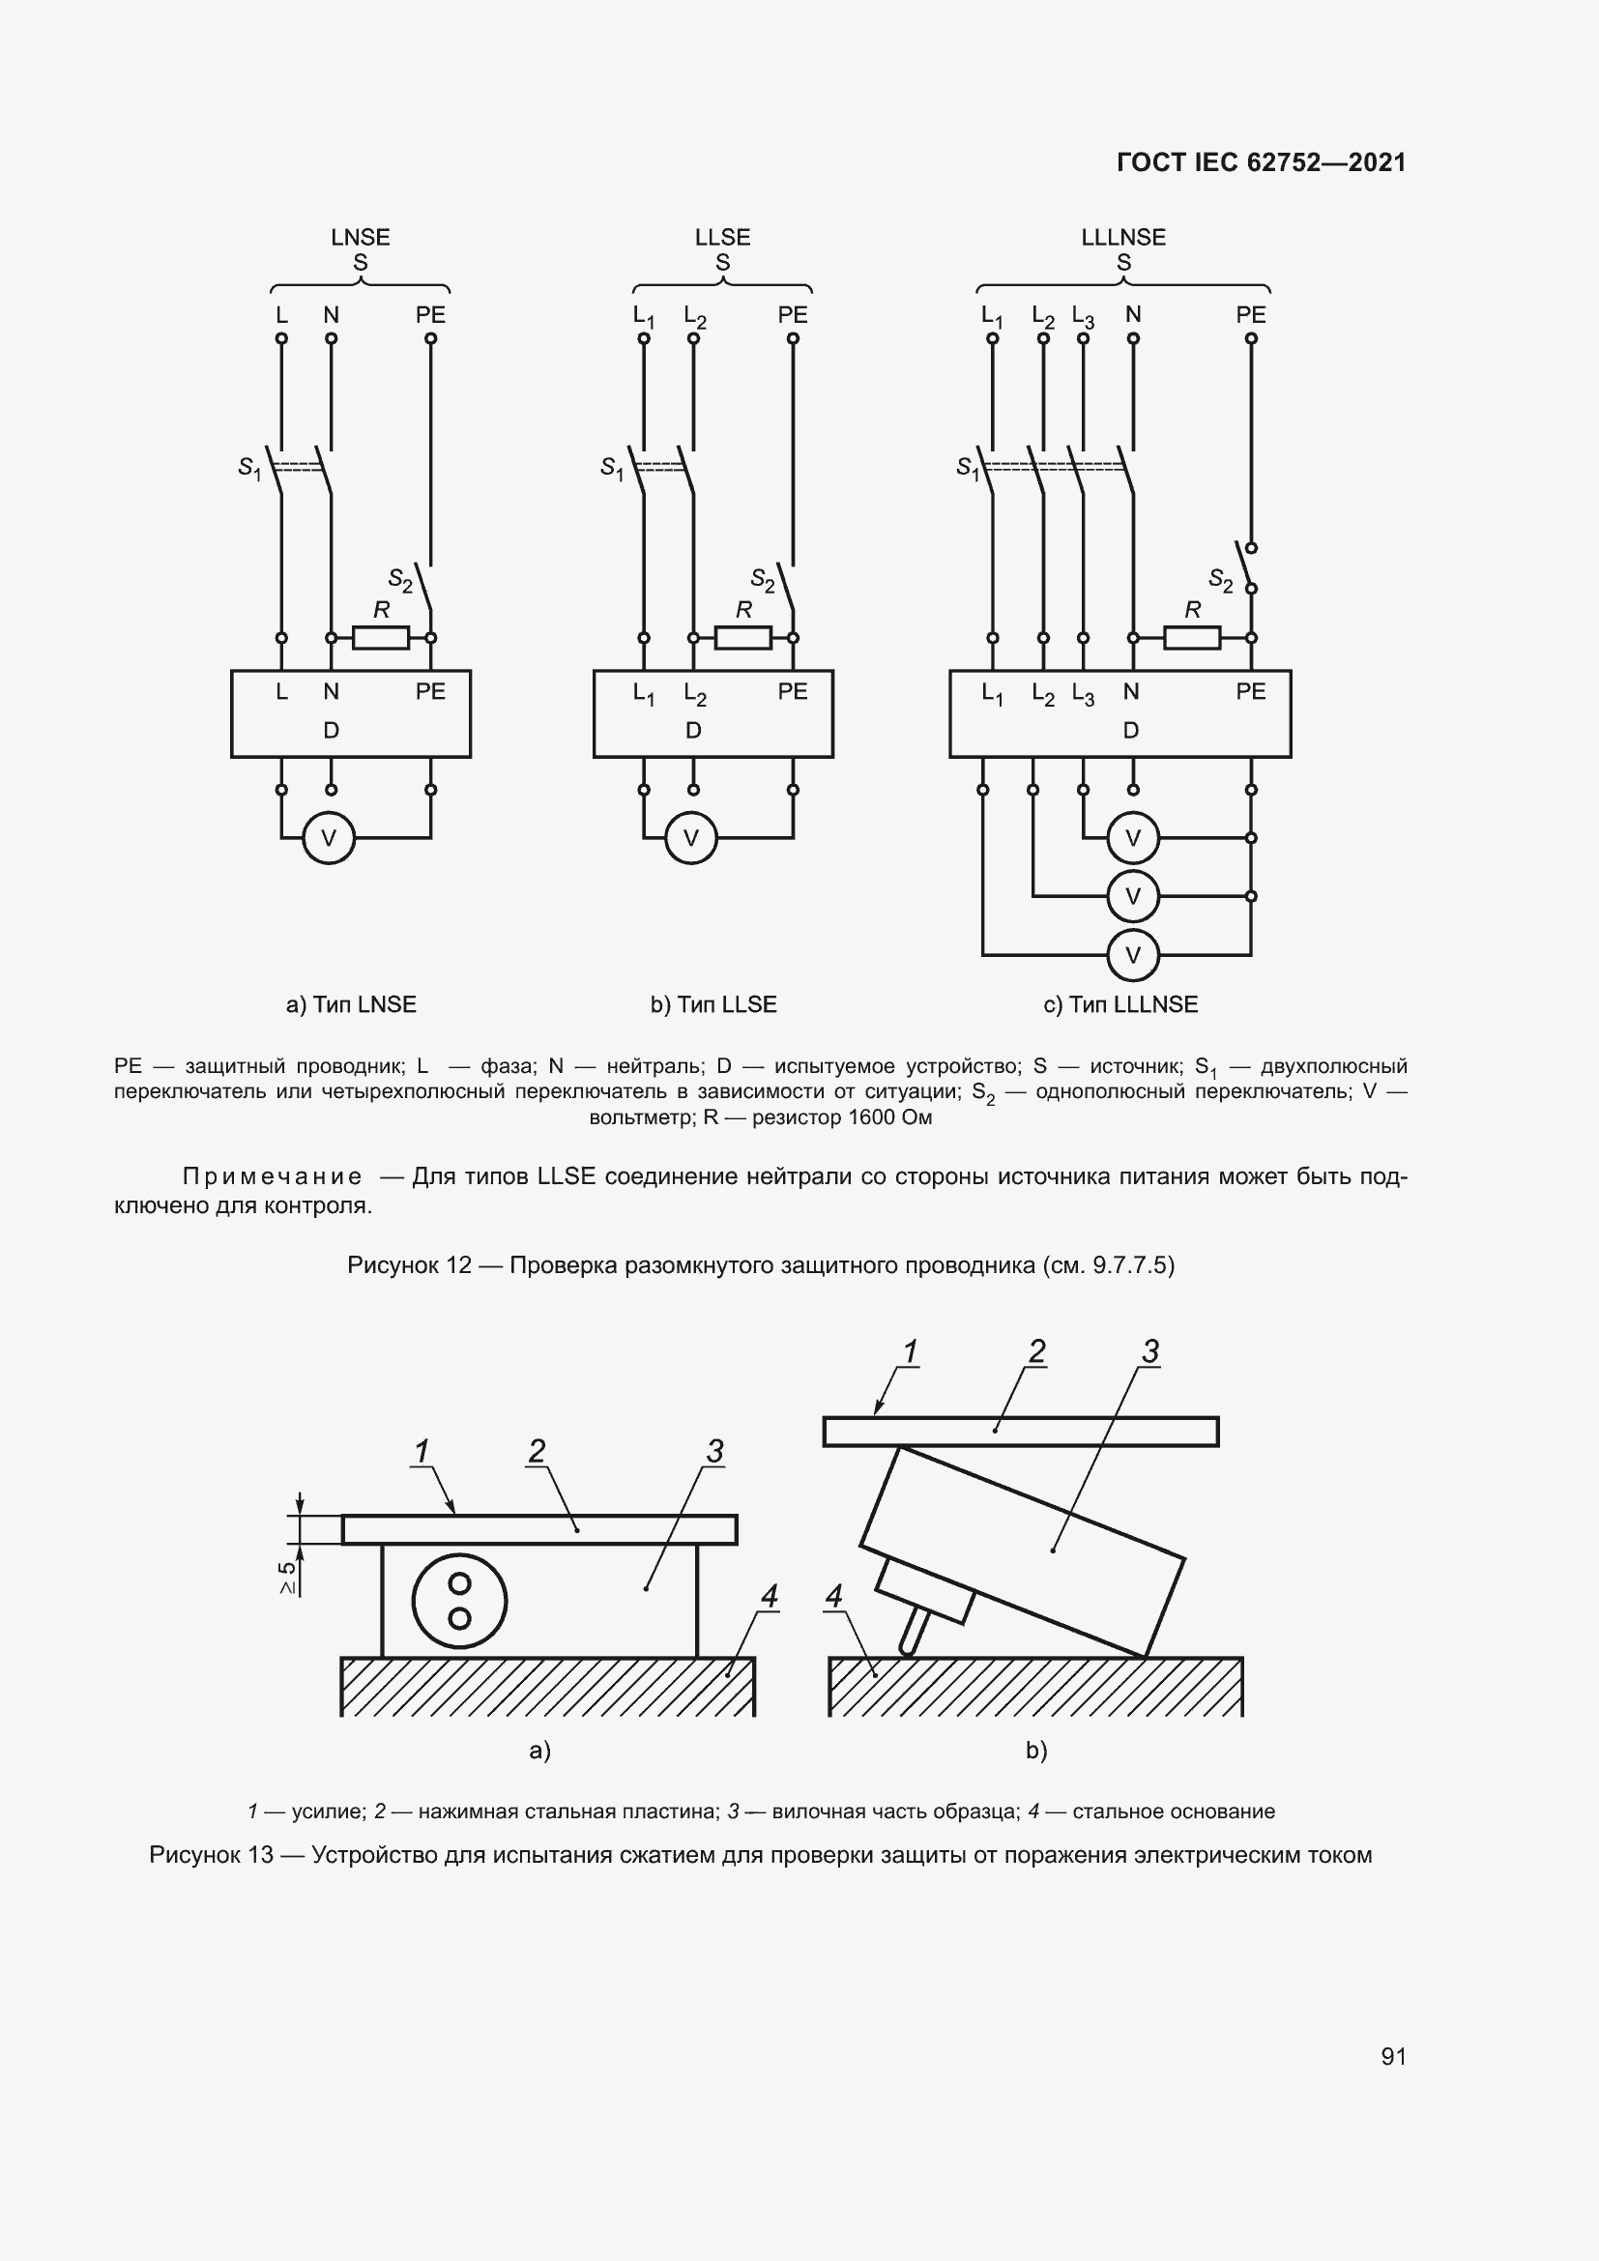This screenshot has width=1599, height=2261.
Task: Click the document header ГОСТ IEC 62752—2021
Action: (1262, 162)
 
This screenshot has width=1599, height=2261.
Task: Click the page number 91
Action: (1393, 2056)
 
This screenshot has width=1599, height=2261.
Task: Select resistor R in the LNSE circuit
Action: (380, 638)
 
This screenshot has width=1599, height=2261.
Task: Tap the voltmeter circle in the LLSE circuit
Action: (691, 838)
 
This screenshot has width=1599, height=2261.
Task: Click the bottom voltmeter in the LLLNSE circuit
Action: (1132, 954)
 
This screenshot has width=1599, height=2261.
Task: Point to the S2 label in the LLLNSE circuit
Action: (1220, 580)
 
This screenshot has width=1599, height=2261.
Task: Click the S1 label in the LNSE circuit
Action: (249, 468)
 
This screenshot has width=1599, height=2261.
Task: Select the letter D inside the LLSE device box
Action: (693, 730)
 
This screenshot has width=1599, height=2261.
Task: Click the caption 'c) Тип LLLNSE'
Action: (1120, 1004)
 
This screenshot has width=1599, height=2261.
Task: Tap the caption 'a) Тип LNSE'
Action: (351, 1004)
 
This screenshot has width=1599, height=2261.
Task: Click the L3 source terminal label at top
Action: (1082, 316)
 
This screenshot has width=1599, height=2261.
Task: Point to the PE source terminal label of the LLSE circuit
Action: (792, 315)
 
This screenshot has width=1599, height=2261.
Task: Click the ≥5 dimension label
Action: (286, 1578)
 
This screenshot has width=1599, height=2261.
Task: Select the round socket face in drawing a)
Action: (459, 1600)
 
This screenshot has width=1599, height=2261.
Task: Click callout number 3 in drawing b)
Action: (1150, 1351)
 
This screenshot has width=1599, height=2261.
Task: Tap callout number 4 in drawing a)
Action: (769, 1595)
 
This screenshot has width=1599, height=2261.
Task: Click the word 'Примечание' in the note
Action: (272, 1176)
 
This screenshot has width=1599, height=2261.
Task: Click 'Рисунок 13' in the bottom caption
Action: (211, 1855)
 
